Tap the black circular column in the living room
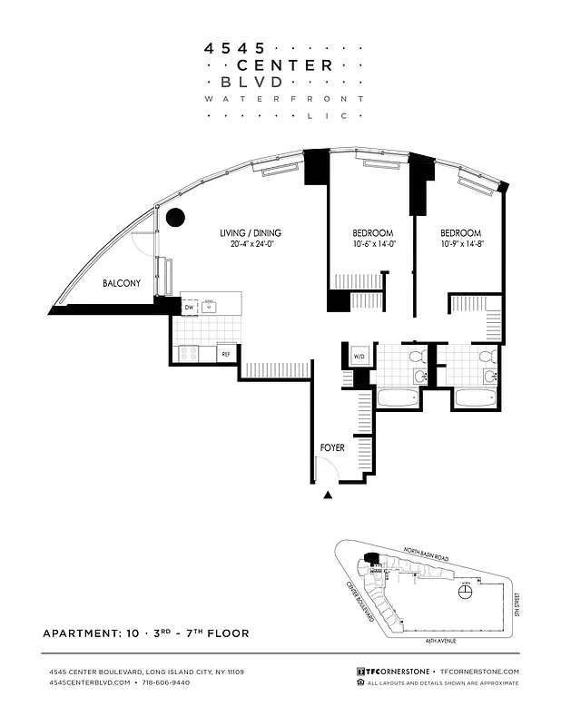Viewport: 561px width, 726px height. point(175,217)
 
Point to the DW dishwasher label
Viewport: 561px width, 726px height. point(189,308)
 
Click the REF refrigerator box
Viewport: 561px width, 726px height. point(226,354)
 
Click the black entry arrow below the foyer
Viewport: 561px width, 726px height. point(329,495)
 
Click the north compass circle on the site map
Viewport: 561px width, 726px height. point(466,592)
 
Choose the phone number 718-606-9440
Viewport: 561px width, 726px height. point(166,682)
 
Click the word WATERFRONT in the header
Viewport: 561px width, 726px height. point(283,98)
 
